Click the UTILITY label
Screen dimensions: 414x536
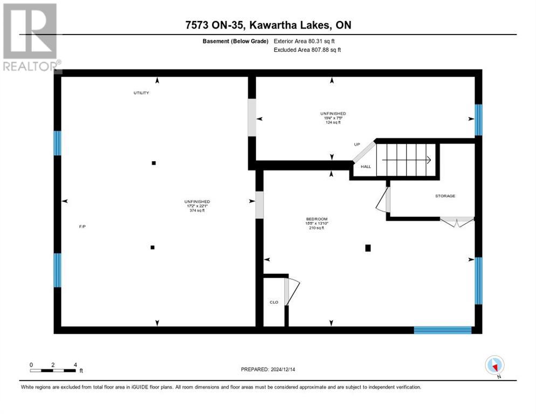141,93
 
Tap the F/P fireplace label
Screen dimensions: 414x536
83,226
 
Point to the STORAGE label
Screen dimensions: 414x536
445,196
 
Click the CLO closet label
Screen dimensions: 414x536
274,302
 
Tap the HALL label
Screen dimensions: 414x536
366,167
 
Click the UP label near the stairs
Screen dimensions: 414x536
357,144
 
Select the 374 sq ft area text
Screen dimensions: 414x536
197,211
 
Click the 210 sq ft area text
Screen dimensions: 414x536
316,228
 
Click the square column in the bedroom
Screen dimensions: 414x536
368,248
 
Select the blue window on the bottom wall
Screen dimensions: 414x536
443,330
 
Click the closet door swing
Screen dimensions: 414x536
292,291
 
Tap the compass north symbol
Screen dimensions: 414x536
494,365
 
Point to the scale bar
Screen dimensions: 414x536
53,370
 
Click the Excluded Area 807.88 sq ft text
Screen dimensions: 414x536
307,50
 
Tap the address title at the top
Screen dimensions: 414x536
268,25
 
